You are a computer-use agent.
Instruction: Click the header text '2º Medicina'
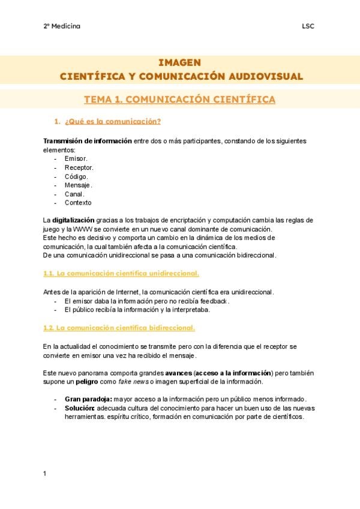point(62,26)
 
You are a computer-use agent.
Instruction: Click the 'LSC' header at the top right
point(308,26)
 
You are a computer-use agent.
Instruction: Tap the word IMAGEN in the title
point(179,62)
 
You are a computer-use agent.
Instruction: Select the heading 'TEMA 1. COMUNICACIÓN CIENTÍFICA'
point(179,99)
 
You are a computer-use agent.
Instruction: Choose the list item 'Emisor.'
point(76,158)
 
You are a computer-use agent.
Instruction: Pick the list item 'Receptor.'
point(79,167)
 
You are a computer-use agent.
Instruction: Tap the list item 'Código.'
point(76,176)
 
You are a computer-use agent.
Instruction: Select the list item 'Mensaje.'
point(78,185)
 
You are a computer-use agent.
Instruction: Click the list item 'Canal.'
point(74,194)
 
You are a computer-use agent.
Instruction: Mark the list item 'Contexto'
point(78,203)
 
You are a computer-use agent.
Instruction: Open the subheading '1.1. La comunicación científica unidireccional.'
point(121,274)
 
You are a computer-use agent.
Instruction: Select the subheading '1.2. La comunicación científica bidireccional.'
point(119,328)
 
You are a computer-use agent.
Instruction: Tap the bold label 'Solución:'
point(79,408)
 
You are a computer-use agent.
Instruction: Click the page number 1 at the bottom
point(45,474)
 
